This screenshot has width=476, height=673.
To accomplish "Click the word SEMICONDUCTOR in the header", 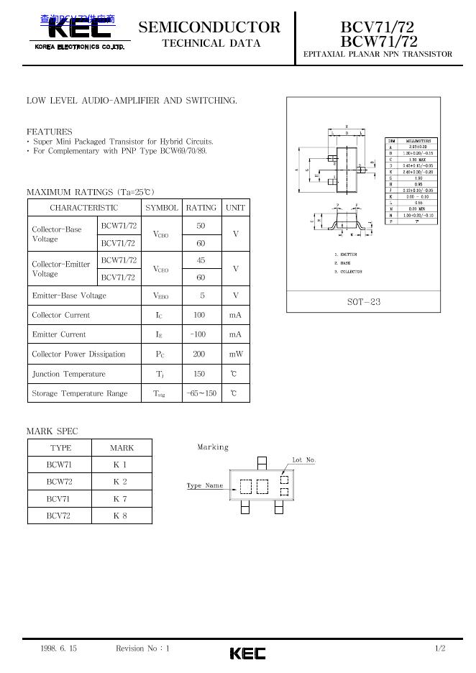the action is [209, 28].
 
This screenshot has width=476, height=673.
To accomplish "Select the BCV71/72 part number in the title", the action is [377, 27].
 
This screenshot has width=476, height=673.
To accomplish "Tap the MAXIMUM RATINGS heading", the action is [91, 192].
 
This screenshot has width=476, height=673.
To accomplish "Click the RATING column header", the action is [201, 208].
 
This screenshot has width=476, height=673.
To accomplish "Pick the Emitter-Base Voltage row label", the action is [69, 296].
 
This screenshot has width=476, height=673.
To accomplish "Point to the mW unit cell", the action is [236, 354].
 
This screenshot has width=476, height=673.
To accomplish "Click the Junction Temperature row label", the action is [68, 374].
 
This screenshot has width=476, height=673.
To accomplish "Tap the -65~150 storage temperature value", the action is [201, 393].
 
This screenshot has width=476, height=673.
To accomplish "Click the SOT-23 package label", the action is [364, 302].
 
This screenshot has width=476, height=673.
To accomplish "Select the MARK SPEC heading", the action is [52, 431].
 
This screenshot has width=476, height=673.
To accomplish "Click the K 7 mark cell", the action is [120, 499].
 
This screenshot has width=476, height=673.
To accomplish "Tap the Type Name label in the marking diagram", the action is [205, 486].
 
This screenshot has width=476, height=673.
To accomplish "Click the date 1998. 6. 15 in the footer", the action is [59, 649].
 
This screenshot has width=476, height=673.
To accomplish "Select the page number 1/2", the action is [440, 649].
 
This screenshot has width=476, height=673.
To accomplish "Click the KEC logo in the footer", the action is [247, 653].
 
